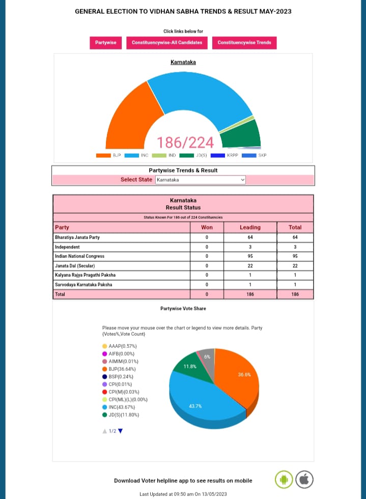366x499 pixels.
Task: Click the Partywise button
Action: coord(105,43)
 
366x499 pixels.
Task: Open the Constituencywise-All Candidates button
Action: coord(167,43)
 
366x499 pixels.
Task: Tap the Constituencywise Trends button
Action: coord(244,43)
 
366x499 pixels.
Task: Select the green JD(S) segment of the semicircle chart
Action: coord(241,135)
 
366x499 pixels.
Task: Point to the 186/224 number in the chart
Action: coord(185,142)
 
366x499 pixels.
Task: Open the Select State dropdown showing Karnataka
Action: coord(200,180)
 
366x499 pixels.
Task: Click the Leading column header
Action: coord(250,227)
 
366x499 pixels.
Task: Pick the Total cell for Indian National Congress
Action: coord(295,256)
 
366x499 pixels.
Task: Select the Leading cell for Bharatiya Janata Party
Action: coord(250,237)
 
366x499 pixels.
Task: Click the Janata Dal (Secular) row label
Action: coord(75,266)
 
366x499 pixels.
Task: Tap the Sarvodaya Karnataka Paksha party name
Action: coord(83,284)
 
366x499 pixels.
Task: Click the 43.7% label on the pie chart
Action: coord(195,406)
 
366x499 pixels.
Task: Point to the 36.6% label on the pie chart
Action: coord(244,375)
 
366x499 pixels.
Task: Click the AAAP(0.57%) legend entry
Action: coord(122,346)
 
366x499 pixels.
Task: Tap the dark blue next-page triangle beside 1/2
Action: coord(121,431)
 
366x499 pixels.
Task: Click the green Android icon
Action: coord(284,479)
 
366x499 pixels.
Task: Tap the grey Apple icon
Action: coord(304,479)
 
